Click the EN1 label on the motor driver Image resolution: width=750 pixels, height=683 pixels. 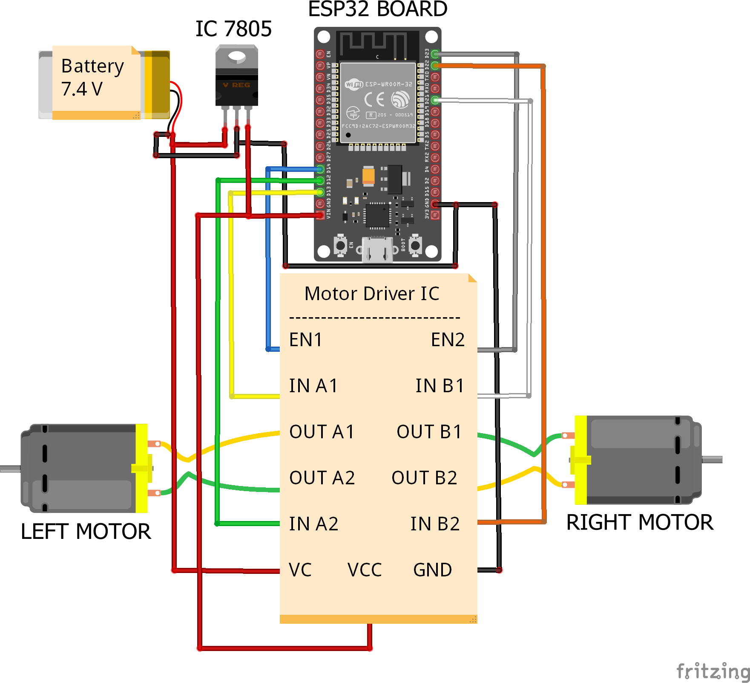305,340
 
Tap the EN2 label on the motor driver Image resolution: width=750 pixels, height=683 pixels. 447,340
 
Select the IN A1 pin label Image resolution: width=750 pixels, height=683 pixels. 313,386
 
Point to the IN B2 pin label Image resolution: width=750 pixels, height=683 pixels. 435,524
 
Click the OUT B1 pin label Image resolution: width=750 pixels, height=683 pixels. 429,432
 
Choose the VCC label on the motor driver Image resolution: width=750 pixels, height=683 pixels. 365,570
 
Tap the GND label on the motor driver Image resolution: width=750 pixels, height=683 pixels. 432,570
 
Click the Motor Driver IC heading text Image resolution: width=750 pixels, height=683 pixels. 372,294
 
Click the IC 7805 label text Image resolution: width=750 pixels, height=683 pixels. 233,29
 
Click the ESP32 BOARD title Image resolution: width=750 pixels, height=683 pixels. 377,9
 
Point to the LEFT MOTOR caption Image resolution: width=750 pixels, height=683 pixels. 86,532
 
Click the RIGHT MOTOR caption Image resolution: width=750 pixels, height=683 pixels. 639,523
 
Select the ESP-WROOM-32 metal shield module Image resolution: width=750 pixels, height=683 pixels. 378,102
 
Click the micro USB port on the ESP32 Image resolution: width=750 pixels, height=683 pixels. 377,249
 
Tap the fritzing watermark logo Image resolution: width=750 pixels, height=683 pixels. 713,671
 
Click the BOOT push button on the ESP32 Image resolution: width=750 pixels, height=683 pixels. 415,246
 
